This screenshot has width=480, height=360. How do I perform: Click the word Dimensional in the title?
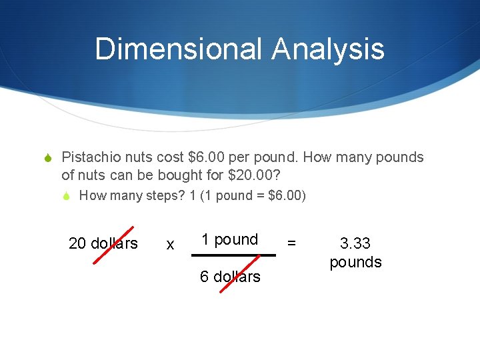point(178,49)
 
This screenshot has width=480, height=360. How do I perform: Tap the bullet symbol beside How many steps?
point(67,196)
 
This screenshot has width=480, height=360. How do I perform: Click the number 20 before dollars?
point(77,243)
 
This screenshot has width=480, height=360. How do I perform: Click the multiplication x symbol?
point(170,245)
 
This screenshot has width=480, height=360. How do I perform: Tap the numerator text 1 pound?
point(230,239)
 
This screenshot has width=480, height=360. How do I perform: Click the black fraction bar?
point(233,255)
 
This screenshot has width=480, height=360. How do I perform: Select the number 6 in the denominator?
point(204,276)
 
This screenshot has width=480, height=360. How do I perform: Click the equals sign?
point(291,243)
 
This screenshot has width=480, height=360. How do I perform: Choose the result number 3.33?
point(355,243)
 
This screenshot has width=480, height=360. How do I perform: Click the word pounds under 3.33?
point(355,261)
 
